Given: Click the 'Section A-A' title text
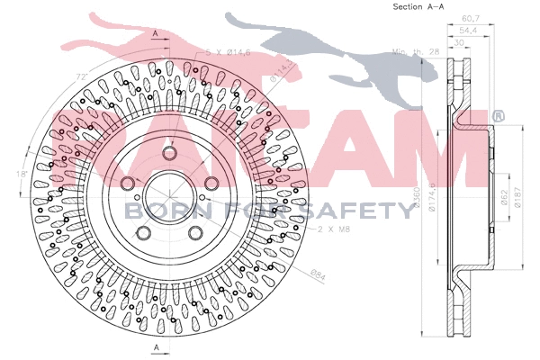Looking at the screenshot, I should [420, 7].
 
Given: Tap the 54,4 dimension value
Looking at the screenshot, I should [467, 29].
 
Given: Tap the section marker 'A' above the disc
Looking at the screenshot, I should [156, 33].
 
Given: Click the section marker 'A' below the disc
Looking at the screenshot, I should [156, 347].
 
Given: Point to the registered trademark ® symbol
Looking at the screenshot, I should [498, 115].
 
